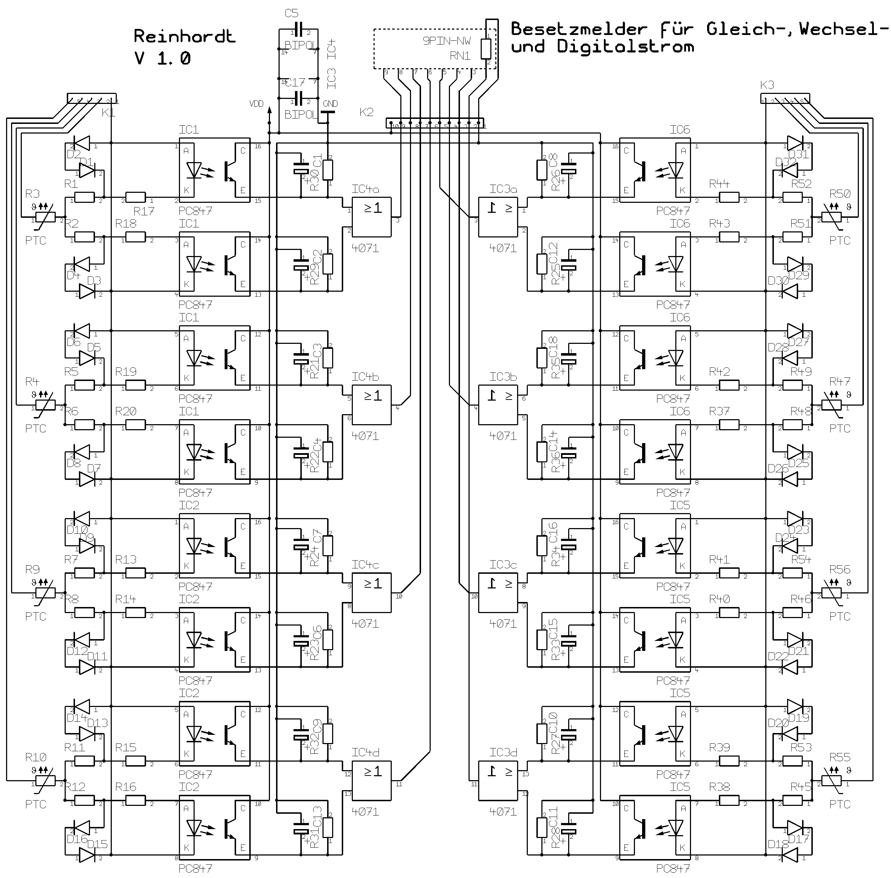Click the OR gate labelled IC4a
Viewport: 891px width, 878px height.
372,217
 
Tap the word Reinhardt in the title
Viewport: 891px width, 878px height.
185,36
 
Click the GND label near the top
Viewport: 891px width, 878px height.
330,104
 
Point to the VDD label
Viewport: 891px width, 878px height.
256,104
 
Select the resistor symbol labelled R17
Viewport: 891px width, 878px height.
136,198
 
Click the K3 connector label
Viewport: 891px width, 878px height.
767,85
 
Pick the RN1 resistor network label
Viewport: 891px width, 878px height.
460,56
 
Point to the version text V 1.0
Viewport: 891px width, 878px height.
162,59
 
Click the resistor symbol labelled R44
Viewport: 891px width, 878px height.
729,198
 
